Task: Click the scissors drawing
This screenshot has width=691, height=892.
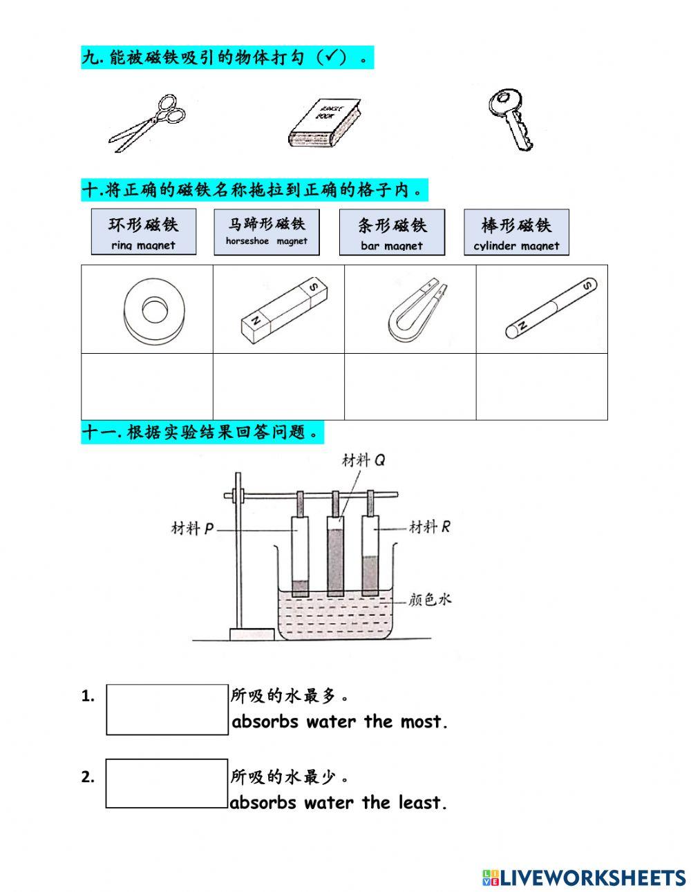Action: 148,124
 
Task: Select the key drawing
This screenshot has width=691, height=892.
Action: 511,118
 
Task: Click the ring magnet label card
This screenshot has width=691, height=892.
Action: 143,232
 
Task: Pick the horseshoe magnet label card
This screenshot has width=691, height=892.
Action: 267,232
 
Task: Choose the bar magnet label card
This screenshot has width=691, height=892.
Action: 392,232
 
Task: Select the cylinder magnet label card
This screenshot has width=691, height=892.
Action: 516,232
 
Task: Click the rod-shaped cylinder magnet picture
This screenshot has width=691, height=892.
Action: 550,309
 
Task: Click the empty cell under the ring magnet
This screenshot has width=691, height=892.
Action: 147,386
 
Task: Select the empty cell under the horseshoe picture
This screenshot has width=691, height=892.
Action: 410,386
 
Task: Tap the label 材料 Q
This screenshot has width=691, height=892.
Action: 363,460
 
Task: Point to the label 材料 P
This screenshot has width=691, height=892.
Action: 192,529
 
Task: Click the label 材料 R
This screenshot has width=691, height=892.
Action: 429,526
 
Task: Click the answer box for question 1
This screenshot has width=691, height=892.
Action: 167,710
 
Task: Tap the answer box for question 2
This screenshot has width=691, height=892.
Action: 167,784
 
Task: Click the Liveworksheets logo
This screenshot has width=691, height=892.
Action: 584,877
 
